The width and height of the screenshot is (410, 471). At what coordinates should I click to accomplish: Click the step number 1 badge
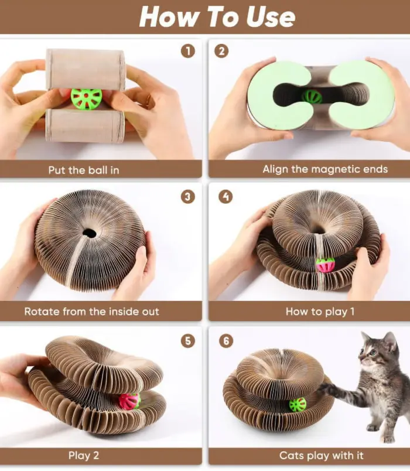[x=188, y=52]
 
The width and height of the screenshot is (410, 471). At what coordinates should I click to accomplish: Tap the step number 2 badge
[x=221, y=52]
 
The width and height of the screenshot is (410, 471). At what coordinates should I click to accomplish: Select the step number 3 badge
[x=188, y=197]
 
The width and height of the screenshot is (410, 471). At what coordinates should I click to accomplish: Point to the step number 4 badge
[x=225, y=197]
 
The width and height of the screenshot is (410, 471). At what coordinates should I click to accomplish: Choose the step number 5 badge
[x=188, y=341]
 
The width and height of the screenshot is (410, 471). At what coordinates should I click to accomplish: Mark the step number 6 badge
[x=226, y=341]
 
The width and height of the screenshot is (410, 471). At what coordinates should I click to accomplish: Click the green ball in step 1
[x=86, y=98]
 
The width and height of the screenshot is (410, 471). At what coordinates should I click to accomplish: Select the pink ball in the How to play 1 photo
[x=325, y=265]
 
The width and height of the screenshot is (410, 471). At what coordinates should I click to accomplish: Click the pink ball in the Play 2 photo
[x=129, y=401]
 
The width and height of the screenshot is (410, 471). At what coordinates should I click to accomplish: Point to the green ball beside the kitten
[x=298, y=405]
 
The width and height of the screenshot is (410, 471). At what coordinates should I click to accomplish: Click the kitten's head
[x=378, y=349]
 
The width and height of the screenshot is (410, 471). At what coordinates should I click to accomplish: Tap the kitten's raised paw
[x=326, y=388]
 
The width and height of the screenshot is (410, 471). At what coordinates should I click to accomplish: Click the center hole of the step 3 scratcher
[x=89, y=233]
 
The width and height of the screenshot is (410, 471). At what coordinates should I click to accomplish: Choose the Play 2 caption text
[x=84, y=455]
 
